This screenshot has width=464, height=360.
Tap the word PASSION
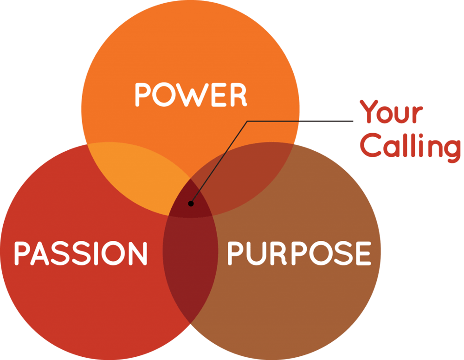pos(80,253)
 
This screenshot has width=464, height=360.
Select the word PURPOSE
pos(299,253)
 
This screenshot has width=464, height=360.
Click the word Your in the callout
pos(392,113)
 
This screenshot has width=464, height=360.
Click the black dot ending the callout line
pos(190,203)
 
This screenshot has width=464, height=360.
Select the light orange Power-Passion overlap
pos(139,176)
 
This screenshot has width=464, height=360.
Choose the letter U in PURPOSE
pos(253,253)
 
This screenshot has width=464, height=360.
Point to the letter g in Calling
pos(451,149)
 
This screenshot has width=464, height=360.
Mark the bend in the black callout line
pos(248,122)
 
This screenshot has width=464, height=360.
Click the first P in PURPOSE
pos(235,253)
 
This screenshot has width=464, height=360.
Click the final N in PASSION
pos(138,253)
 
